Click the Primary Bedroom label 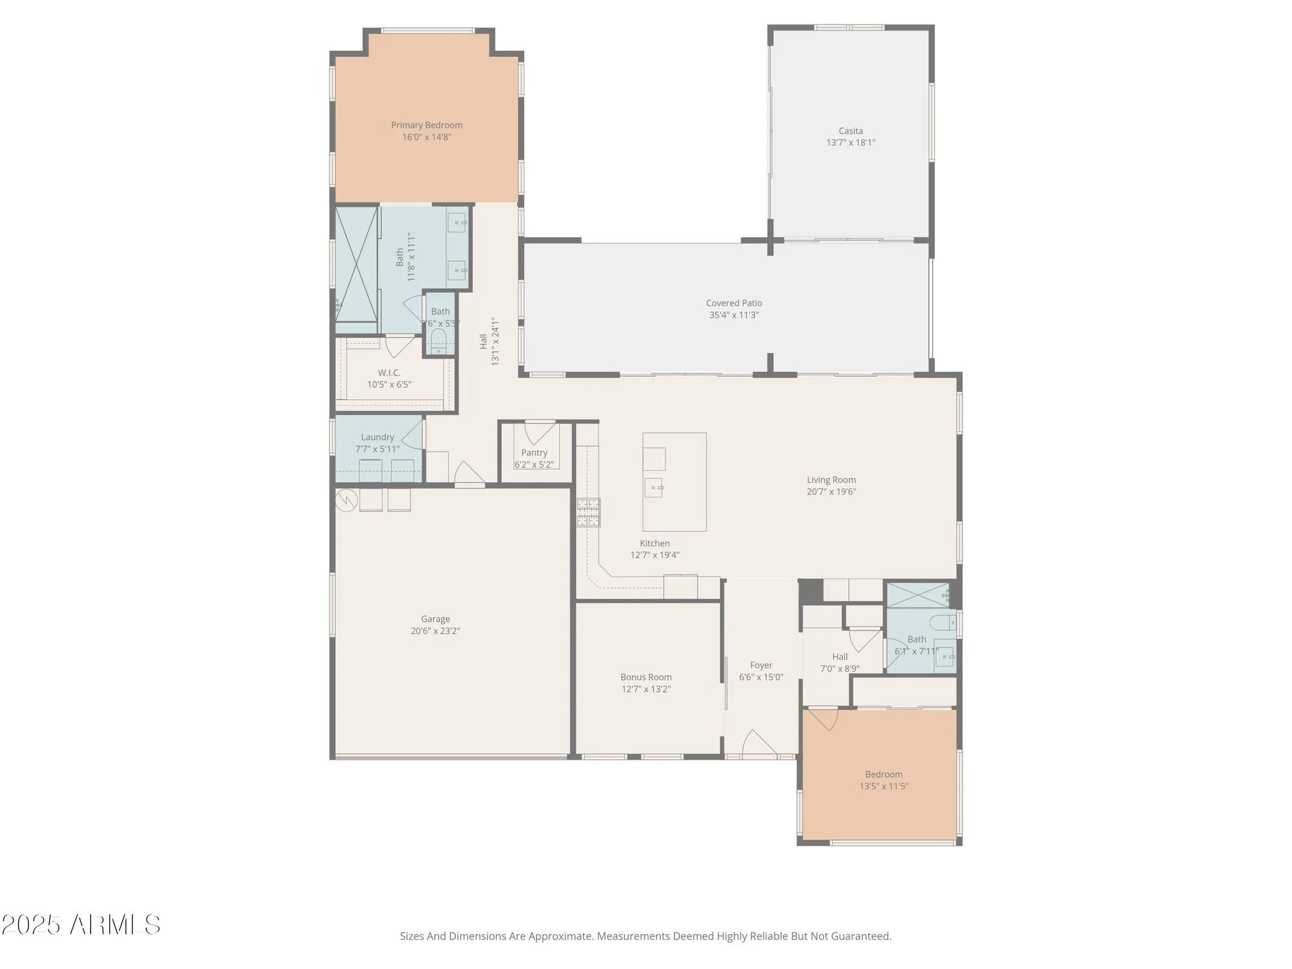[x=426, y=125]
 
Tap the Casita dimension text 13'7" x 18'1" [x=851, y=143]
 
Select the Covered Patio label [x=734, y=303]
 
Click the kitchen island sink [x=654, y=488]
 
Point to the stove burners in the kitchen [x=589, y=512]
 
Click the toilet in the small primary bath [x=439, y=341]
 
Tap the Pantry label [x=534, y=453]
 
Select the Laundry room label [x=377, y=437]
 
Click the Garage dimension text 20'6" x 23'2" [x=435, y=631]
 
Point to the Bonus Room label [x=646, y=677]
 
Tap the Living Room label [x=831, y=480]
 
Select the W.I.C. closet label [x=389, y=373]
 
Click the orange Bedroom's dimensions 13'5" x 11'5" [x=884, y=786]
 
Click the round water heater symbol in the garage [x=347, y=500]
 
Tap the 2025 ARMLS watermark [x=81, y=924]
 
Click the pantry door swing [x=539, y=431]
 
